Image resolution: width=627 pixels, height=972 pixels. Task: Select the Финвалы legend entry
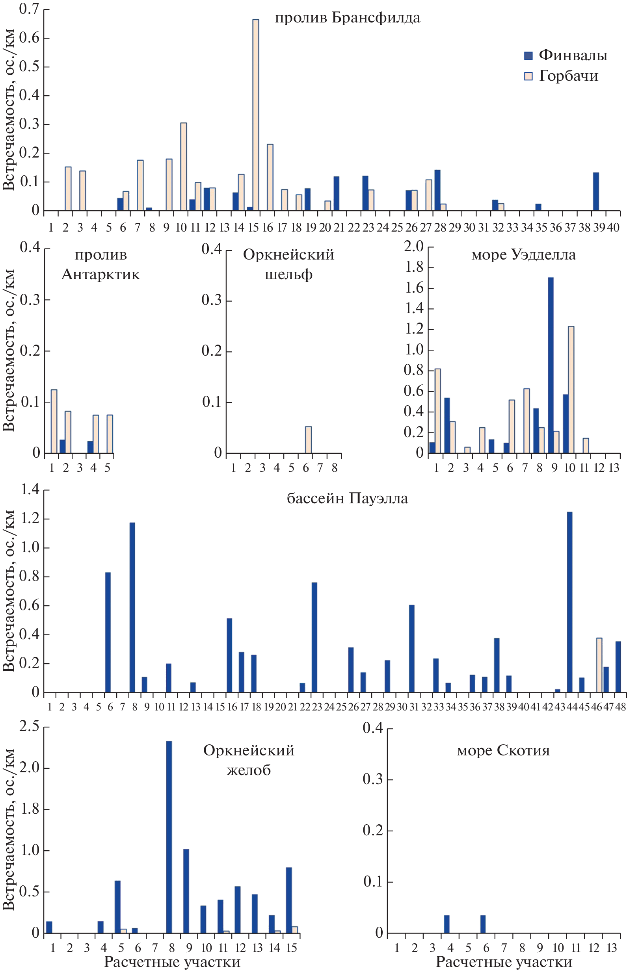pos(566,55)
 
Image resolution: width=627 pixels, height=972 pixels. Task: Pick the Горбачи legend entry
pos(562,76)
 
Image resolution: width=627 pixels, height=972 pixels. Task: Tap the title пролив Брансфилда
pos(347,18)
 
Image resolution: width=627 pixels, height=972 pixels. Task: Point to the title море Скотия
pos(503,750)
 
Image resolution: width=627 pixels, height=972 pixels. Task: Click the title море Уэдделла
pos(524,255)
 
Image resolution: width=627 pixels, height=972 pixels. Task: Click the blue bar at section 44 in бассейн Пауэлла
pos(569,602)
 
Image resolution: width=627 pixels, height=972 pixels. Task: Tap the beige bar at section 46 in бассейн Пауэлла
pos(599,665)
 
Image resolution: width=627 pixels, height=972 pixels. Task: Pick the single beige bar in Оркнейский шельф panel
pos(309,440)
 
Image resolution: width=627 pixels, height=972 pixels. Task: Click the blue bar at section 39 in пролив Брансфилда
pos(596,191)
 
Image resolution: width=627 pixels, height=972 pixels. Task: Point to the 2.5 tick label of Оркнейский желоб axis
pos(29,726)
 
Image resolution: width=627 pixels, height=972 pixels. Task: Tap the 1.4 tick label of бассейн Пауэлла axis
pos(30,490)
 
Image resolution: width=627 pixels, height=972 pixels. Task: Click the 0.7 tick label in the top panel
pos(29,9)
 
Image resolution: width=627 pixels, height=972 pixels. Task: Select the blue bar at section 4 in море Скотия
pos(447,924)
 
